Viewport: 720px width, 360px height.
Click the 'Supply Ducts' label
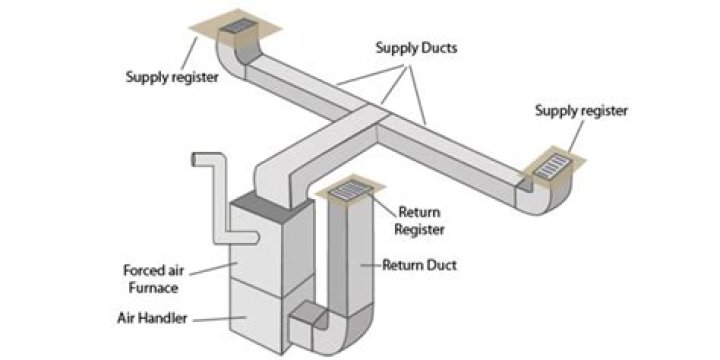click(411, 47)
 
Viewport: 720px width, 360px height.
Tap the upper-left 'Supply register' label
click(173, 76)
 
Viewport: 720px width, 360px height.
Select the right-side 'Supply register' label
click(581, 111)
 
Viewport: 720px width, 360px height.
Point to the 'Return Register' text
click(421, 221)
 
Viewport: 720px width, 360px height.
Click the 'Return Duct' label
click(417, 266)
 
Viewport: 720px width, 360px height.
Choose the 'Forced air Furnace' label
click(151, 278)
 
